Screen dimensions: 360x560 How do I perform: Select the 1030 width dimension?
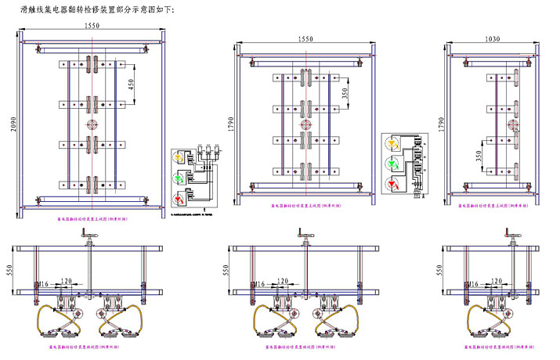pyautogui.click(x=492, y=37)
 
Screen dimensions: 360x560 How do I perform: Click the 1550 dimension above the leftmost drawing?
pyautogui.click(x=92, y=26)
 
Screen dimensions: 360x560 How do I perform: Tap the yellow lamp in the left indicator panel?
pyautogui.click(x=179, y=158)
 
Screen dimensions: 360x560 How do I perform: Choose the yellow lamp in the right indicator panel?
pyautogui.click(x=392, y=143)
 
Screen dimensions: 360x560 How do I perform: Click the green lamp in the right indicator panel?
pyautogui.click(x=392, y=164)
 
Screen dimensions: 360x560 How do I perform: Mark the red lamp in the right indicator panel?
pyautogui.click(x=392, y=185)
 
